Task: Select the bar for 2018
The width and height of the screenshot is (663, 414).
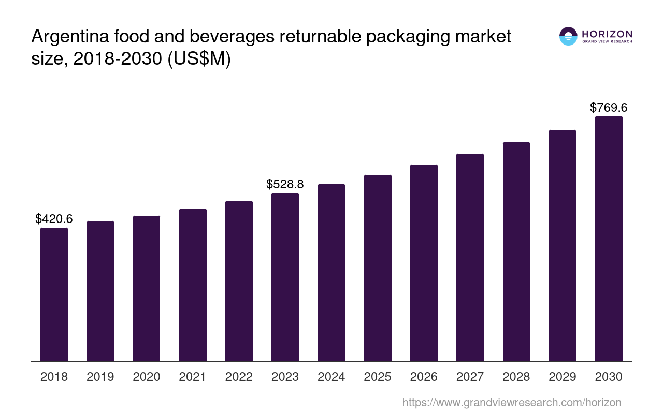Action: pos(54,294)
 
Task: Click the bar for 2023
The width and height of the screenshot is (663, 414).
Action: pos(285,277)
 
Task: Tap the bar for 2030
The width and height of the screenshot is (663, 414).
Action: pos(609,239)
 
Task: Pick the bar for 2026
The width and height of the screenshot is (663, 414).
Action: pos(424,263)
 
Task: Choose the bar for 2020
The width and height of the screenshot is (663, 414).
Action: pos(147,288)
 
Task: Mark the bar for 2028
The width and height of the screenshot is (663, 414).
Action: pos(516,252)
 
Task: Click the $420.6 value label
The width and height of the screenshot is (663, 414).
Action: pos(54,219)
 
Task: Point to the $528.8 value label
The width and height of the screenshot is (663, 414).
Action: pos(285,184)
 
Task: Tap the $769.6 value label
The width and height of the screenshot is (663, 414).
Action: pos(609,108)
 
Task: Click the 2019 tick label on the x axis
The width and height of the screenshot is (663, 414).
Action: pos(100,377)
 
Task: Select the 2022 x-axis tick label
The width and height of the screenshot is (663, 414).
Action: pos(239,377)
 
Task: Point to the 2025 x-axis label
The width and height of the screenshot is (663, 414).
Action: pos(378,377)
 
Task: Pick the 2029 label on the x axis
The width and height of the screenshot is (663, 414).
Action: pos(563,377)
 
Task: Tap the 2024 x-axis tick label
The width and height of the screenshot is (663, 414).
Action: pos(331,377)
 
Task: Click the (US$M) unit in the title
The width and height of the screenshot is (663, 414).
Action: pos(199,59)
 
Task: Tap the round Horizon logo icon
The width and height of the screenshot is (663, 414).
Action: pos(568,36)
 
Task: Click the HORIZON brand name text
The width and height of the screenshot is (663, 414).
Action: pos(607,34)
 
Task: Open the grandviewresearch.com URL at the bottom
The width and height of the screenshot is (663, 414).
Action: pos(511,402)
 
